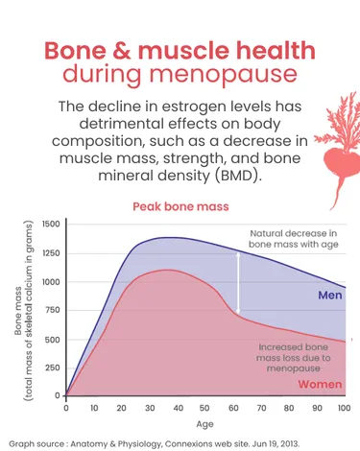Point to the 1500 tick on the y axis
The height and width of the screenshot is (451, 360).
pos(50,224)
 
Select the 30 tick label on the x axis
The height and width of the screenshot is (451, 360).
pos(149,407)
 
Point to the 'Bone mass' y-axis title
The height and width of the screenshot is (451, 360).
pos(19,310)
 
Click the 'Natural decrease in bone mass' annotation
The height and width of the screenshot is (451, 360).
pos(294,240)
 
